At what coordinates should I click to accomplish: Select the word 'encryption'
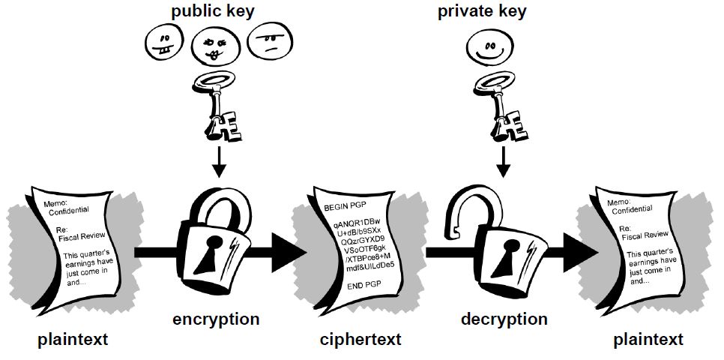pos(216,319)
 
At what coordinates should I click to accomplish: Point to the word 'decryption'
pos(504,319)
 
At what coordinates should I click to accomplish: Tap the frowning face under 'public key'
pos(268,41)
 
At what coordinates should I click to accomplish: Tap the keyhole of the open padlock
pos(504,252)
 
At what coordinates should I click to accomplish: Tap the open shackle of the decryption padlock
pos(472,202)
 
